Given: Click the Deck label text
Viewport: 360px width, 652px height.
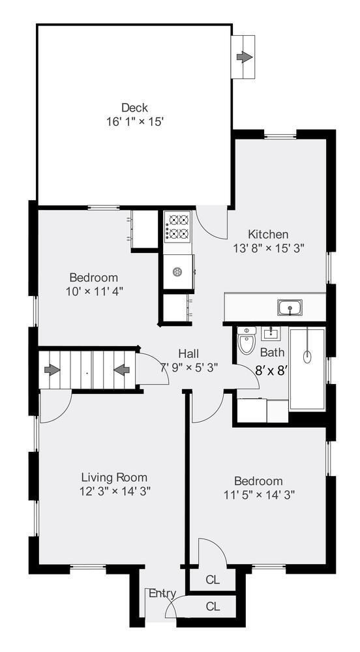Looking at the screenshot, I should tap(134, 108).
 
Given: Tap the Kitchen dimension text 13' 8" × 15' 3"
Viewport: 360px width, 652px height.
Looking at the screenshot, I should tap(269, 248).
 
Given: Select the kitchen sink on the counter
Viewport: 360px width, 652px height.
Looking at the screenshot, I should tap(288, 306).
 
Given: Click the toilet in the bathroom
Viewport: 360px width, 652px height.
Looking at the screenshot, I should tap(246, 342).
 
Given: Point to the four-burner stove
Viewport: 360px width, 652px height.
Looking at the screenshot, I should tap(177, 226).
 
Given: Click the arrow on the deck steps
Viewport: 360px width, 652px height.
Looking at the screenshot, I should tap(244, 57).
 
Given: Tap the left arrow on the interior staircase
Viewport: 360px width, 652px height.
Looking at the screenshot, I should tap(52, 370).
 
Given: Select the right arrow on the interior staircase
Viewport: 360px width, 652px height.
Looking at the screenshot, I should tap(121, 370).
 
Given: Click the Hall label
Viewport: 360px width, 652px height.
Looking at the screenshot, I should tap(189, 353).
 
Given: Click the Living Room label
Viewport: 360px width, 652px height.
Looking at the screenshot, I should tap(114, 477).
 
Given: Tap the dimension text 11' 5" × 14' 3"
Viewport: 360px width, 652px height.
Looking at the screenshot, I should tap(259, 494).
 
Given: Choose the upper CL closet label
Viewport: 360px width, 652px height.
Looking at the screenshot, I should tap(213, 579).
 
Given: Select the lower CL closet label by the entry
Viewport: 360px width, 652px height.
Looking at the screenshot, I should tap(213, 606).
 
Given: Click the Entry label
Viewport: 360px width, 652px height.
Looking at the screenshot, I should tap(162, 593).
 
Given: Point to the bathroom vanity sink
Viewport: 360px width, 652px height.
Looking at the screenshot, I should tap(270, 334).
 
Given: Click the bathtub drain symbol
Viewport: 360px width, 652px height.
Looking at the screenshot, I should tap(307, 356).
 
